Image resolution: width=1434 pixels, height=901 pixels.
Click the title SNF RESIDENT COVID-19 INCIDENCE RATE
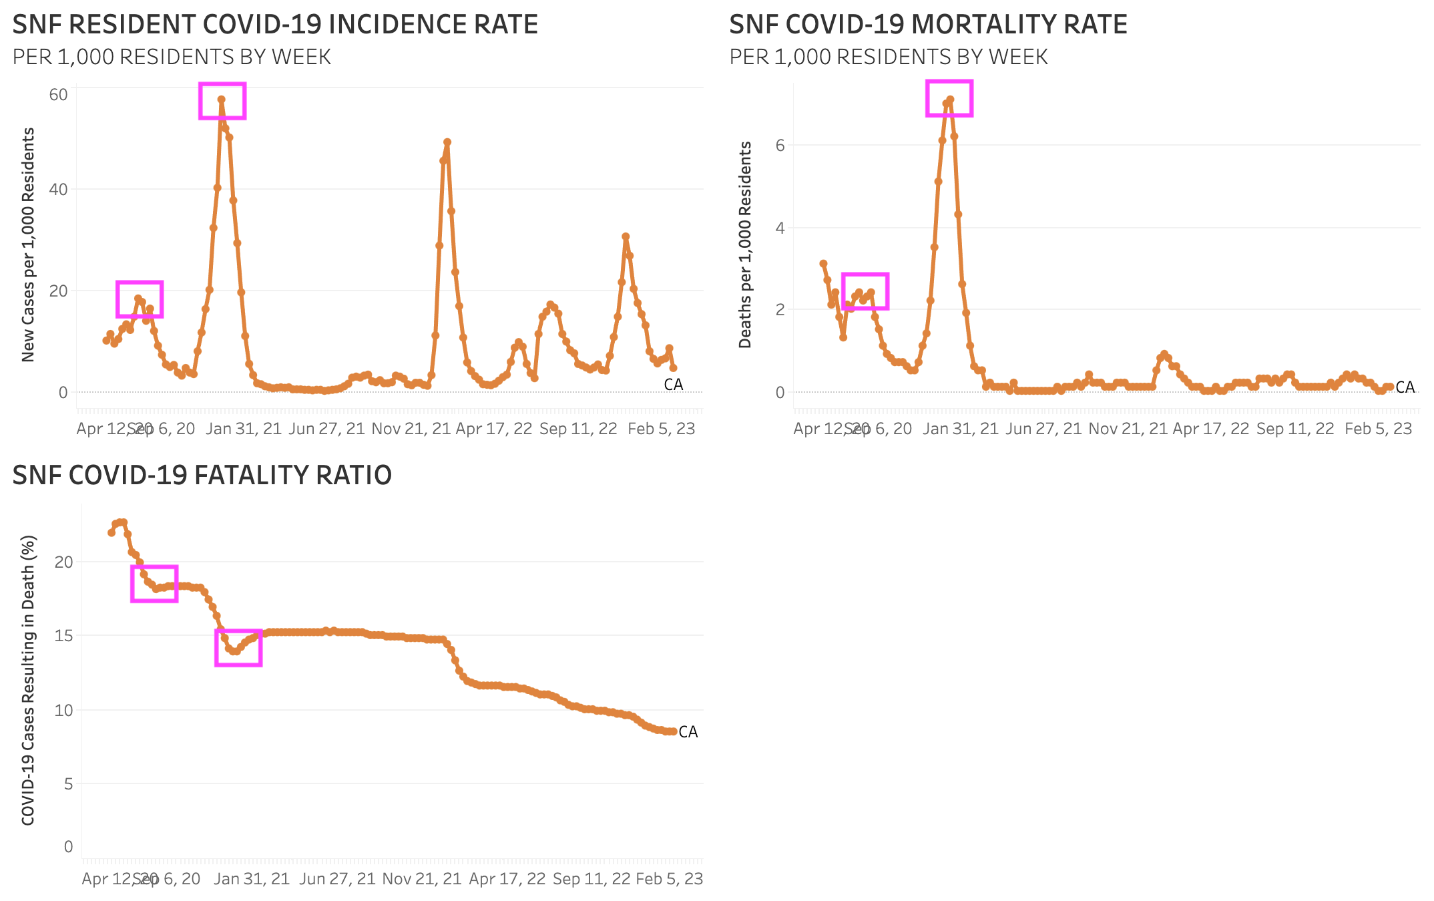tap(275, 25)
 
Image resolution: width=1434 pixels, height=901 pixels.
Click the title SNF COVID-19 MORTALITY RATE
tap(928, 25)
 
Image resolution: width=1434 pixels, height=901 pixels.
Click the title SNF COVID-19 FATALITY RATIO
tap(202, 475)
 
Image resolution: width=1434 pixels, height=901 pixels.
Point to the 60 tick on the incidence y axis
tap(59, 95)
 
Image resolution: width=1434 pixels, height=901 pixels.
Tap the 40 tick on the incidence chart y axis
tap(59, 190)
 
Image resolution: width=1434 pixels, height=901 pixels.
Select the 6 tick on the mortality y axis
tap(780, 146)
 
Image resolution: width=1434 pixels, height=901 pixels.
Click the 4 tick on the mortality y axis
tap(780, 228)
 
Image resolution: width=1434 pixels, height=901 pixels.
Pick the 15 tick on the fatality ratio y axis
tap(64, 635)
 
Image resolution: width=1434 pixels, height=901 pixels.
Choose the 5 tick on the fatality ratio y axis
tap(68, 783)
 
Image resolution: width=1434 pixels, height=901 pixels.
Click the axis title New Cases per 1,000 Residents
tap(28, 245)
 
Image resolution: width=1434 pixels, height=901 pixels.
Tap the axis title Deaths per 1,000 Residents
tap(745, 245)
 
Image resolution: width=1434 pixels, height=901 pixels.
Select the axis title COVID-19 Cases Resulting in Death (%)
tap(28, 680)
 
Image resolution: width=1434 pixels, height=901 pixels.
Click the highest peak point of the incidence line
tap(221, 100)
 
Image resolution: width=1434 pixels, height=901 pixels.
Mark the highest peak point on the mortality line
tap(950, 100)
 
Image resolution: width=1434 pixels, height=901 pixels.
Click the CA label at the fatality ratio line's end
tap(688, 732)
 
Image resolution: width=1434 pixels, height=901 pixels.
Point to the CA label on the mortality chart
tap(1405, 387)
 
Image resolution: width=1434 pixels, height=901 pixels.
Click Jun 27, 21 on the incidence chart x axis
tap(326, 429)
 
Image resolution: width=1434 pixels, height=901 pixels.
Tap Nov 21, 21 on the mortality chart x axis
tap(1128, 429)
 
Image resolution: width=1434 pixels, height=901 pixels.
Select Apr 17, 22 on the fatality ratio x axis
tap(507, 879)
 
